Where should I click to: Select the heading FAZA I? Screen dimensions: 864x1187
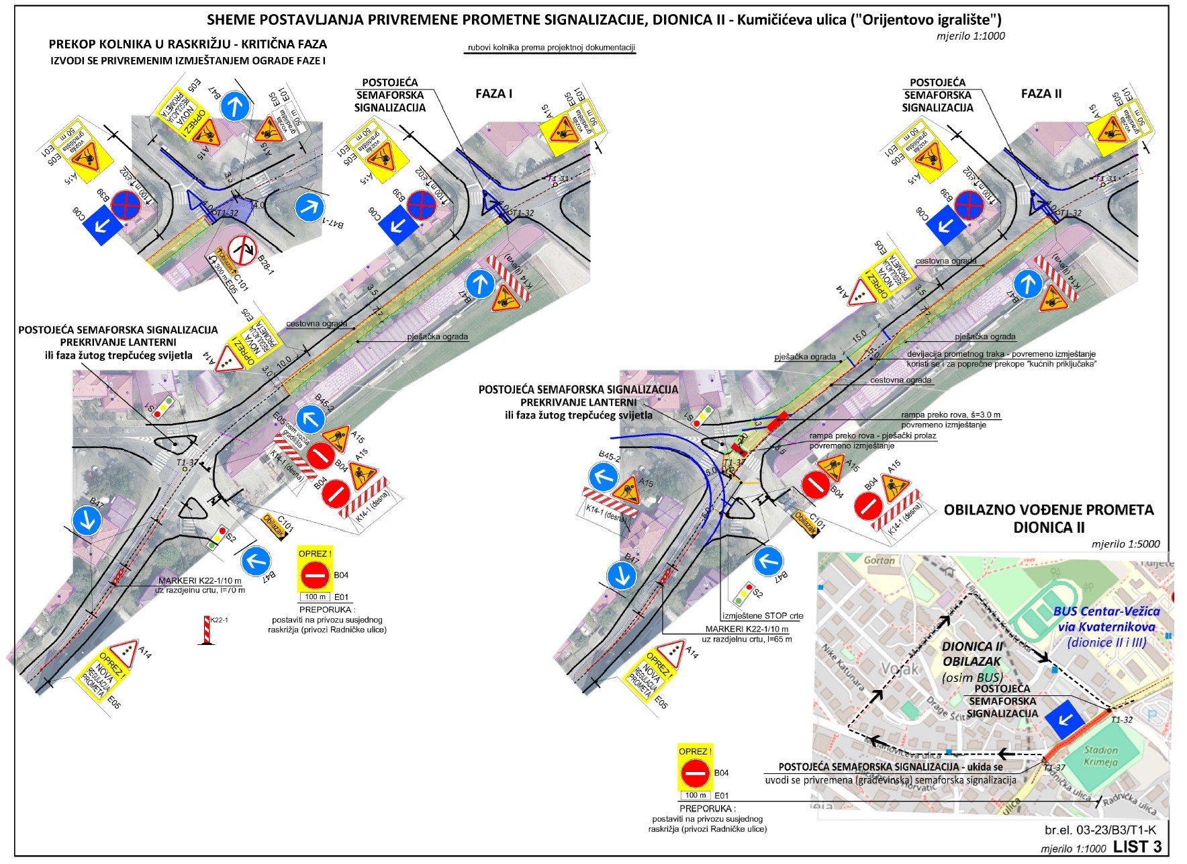(493, 94)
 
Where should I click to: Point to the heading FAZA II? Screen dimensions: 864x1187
(1041, 94)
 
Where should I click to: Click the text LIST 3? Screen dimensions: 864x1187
(1137, 847)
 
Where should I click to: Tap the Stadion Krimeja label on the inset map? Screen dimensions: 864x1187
(1100, 756)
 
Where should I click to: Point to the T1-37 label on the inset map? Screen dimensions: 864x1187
(1053, 767)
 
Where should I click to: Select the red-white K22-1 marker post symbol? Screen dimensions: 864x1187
(207, 631)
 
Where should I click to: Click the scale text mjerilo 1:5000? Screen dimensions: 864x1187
(1125, 544)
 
